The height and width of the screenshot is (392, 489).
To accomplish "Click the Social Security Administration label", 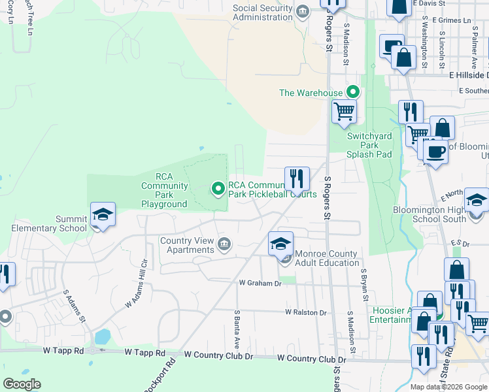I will click(x=263, y=12).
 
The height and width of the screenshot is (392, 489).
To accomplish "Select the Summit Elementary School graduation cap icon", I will click(x=102, y=214).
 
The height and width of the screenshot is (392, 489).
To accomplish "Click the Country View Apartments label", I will click(x=187, y=245).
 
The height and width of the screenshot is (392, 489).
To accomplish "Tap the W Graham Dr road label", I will click(x=260, y=284).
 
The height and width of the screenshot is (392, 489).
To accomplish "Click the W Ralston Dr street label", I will click(x=305, y=313).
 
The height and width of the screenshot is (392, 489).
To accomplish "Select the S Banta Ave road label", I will click(x=237, y=329).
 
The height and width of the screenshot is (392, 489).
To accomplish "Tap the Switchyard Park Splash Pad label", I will click(x=369, y=145).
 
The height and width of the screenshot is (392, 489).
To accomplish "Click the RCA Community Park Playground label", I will click(x=164, y=190).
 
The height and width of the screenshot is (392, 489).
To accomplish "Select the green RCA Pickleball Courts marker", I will click(x=218, y=189).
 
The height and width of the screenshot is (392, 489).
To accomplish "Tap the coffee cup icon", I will click(x=435, y=151).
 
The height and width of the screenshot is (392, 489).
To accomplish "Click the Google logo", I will click(x=22, y=384).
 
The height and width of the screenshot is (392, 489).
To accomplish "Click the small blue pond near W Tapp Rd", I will click(x=102, y=337).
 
